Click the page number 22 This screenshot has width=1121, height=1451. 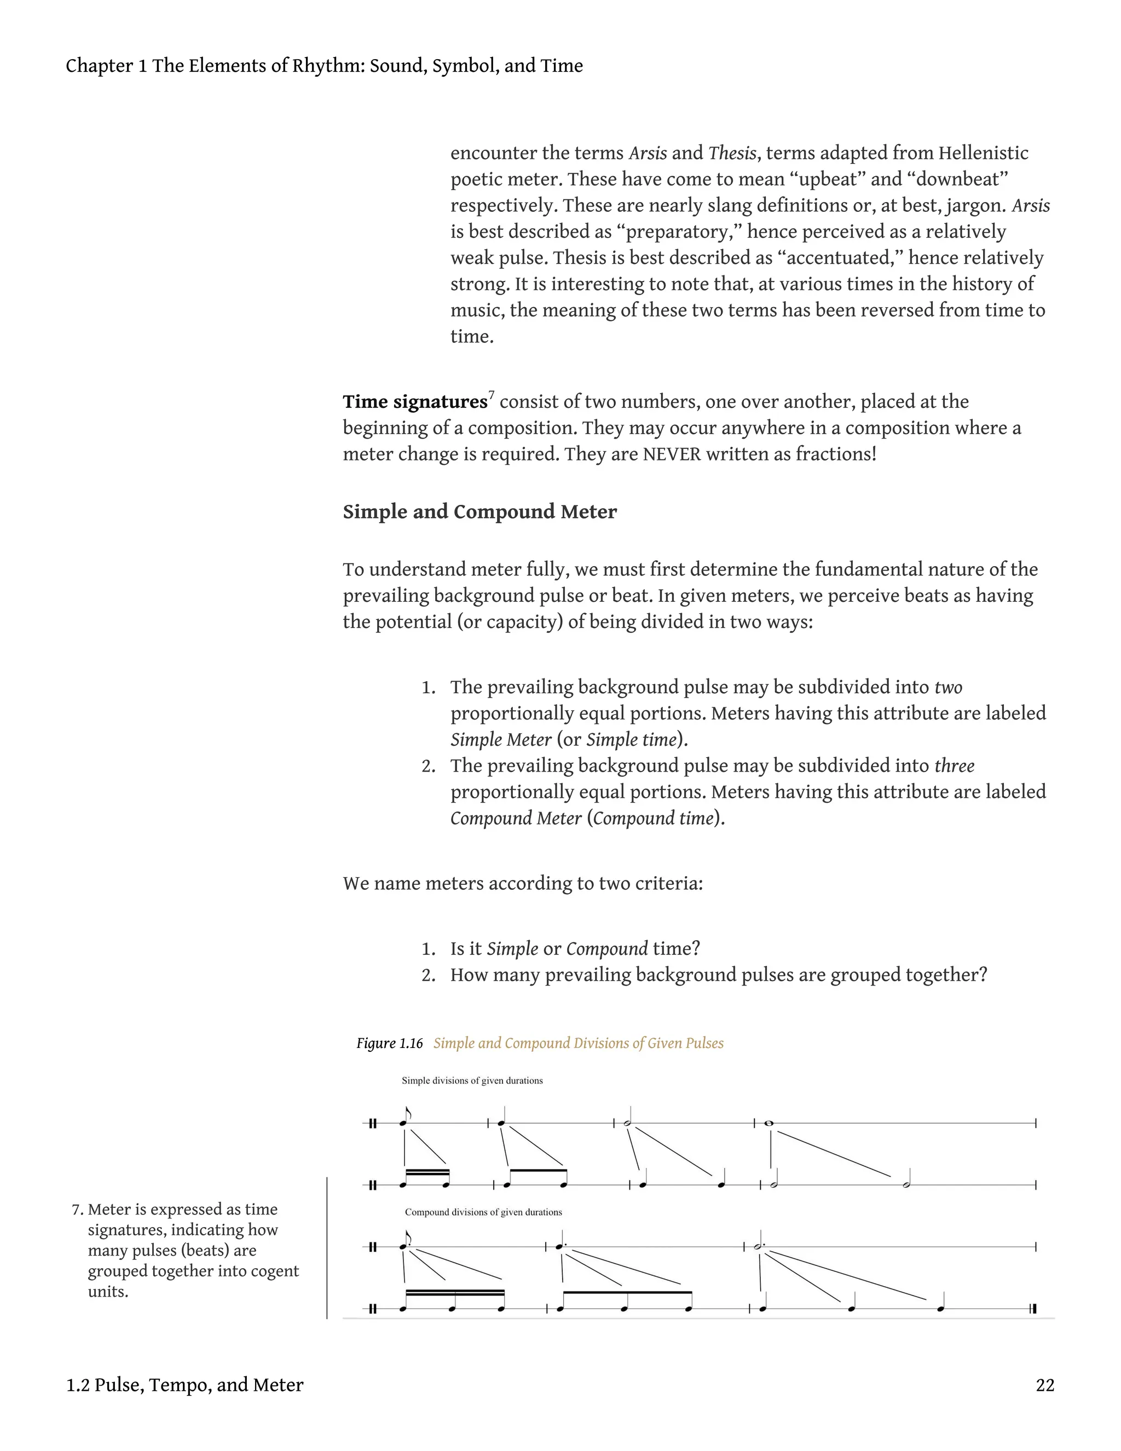point(1044,1385)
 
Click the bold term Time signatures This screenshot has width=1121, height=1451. point(415,402)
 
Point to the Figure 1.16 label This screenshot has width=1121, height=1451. point(389,1043)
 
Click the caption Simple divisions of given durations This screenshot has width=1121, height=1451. point(472,1080)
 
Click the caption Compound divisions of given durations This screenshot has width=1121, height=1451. point(483,1212)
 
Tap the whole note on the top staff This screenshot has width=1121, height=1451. point(769,1123)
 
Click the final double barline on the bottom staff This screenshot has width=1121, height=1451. point(1033,1309)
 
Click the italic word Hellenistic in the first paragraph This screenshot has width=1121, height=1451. point(983,153)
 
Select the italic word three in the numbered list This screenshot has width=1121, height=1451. point(954,766)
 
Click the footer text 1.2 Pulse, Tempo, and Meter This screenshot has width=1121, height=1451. point(184,1385)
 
